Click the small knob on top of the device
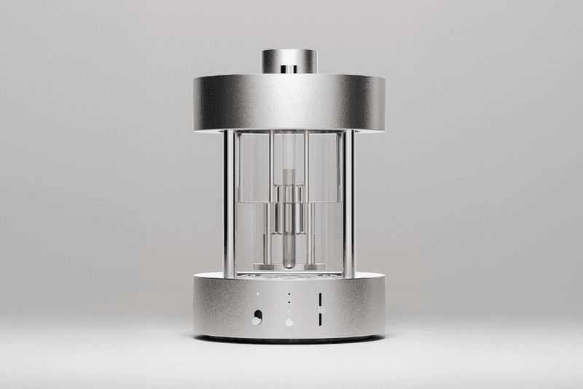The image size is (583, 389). point(291,60)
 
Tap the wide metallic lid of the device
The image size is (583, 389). point(291,102)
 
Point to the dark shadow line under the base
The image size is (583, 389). point(291,340)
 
